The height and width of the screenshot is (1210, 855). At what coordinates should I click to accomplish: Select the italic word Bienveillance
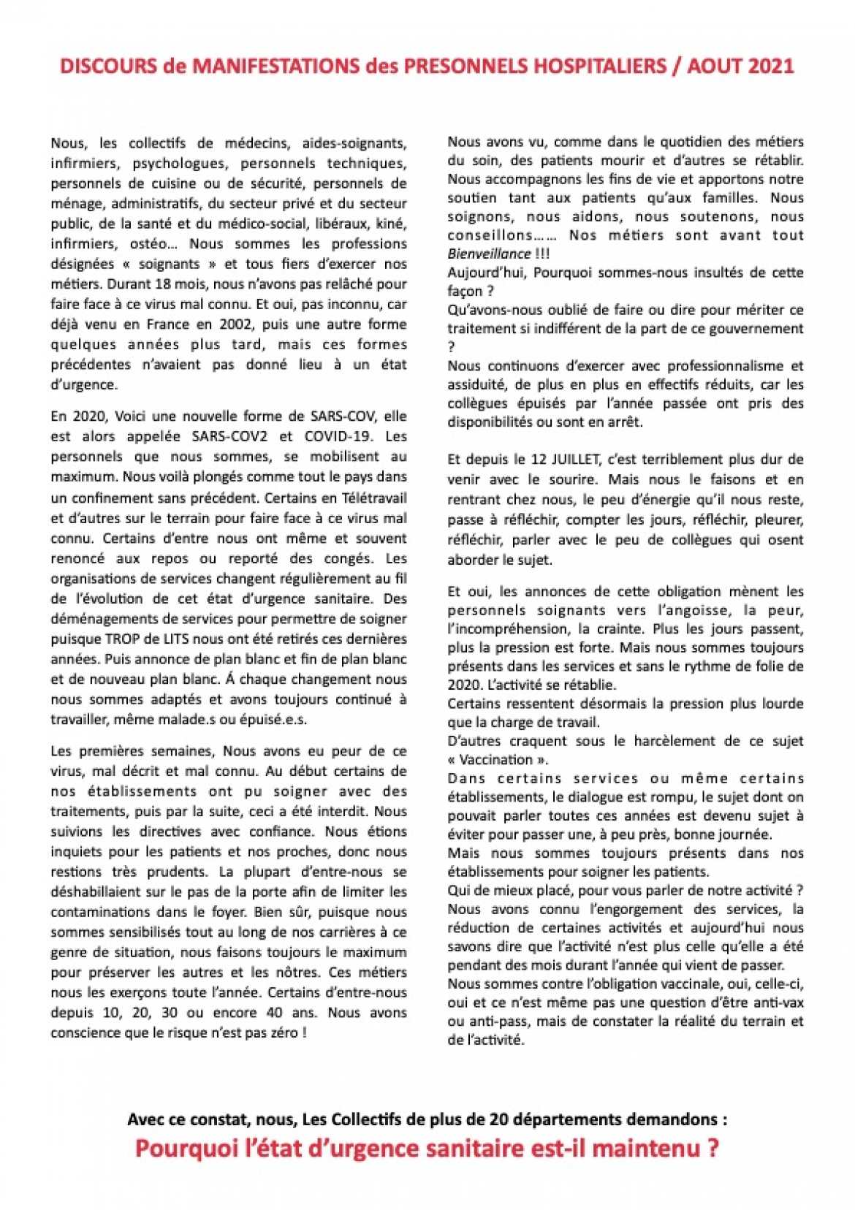(489, 254)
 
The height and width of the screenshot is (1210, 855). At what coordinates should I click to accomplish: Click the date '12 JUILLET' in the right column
(558, 460)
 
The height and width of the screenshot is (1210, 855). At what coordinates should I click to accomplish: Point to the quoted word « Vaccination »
(492, 759)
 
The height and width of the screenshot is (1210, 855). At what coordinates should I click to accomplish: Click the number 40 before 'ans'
(276, 1013)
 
